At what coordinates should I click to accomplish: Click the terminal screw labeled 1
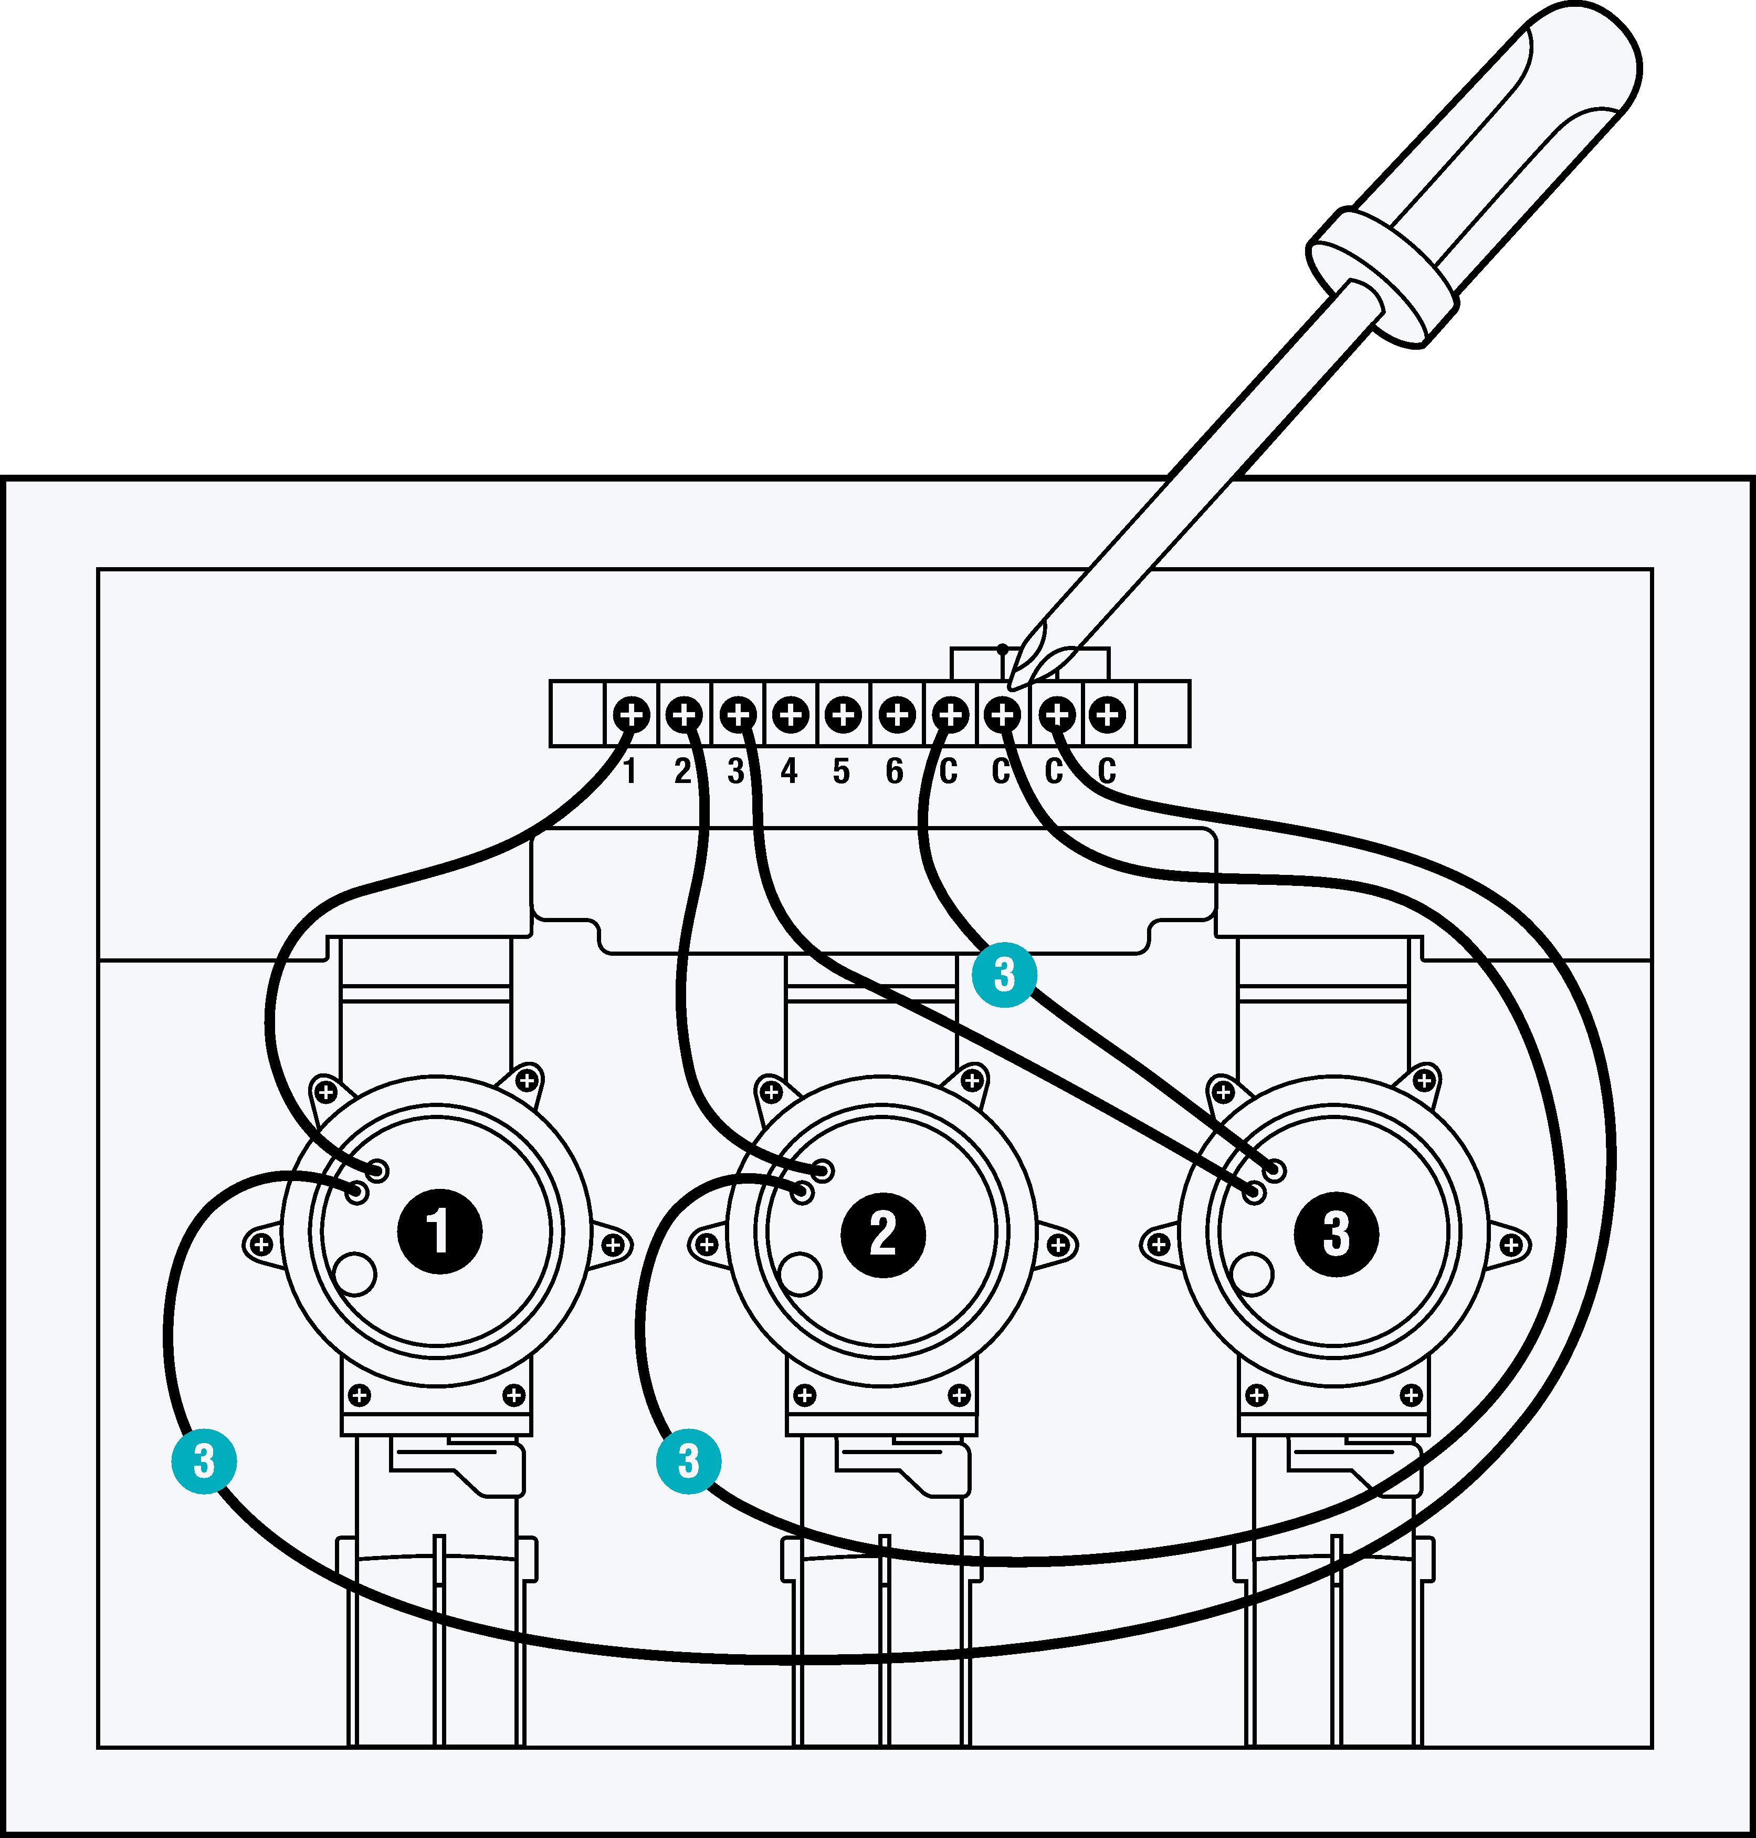click(632, 715)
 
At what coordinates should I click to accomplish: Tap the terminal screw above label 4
click(791, 715)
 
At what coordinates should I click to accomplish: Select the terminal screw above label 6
click(897, 715)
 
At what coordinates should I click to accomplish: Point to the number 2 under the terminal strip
click(682, 771)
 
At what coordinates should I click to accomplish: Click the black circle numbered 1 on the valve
click(439, 1231)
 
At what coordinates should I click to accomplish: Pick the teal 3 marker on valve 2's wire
click(688, 1460)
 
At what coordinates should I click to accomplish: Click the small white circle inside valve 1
click(355, 1273)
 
